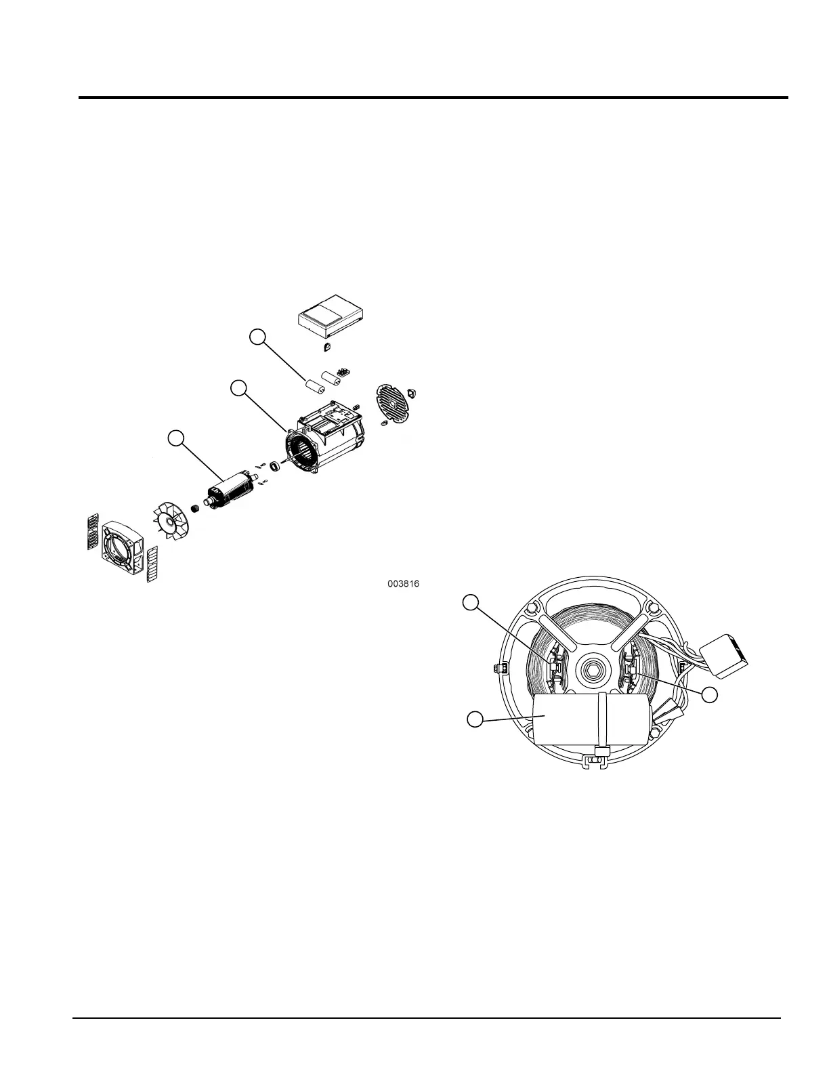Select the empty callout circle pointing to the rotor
176,438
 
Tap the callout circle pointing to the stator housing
238,388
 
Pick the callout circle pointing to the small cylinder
257,337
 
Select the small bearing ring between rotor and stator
276,467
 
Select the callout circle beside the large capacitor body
475,719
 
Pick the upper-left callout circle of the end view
471,601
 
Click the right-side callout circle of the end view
709,694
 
